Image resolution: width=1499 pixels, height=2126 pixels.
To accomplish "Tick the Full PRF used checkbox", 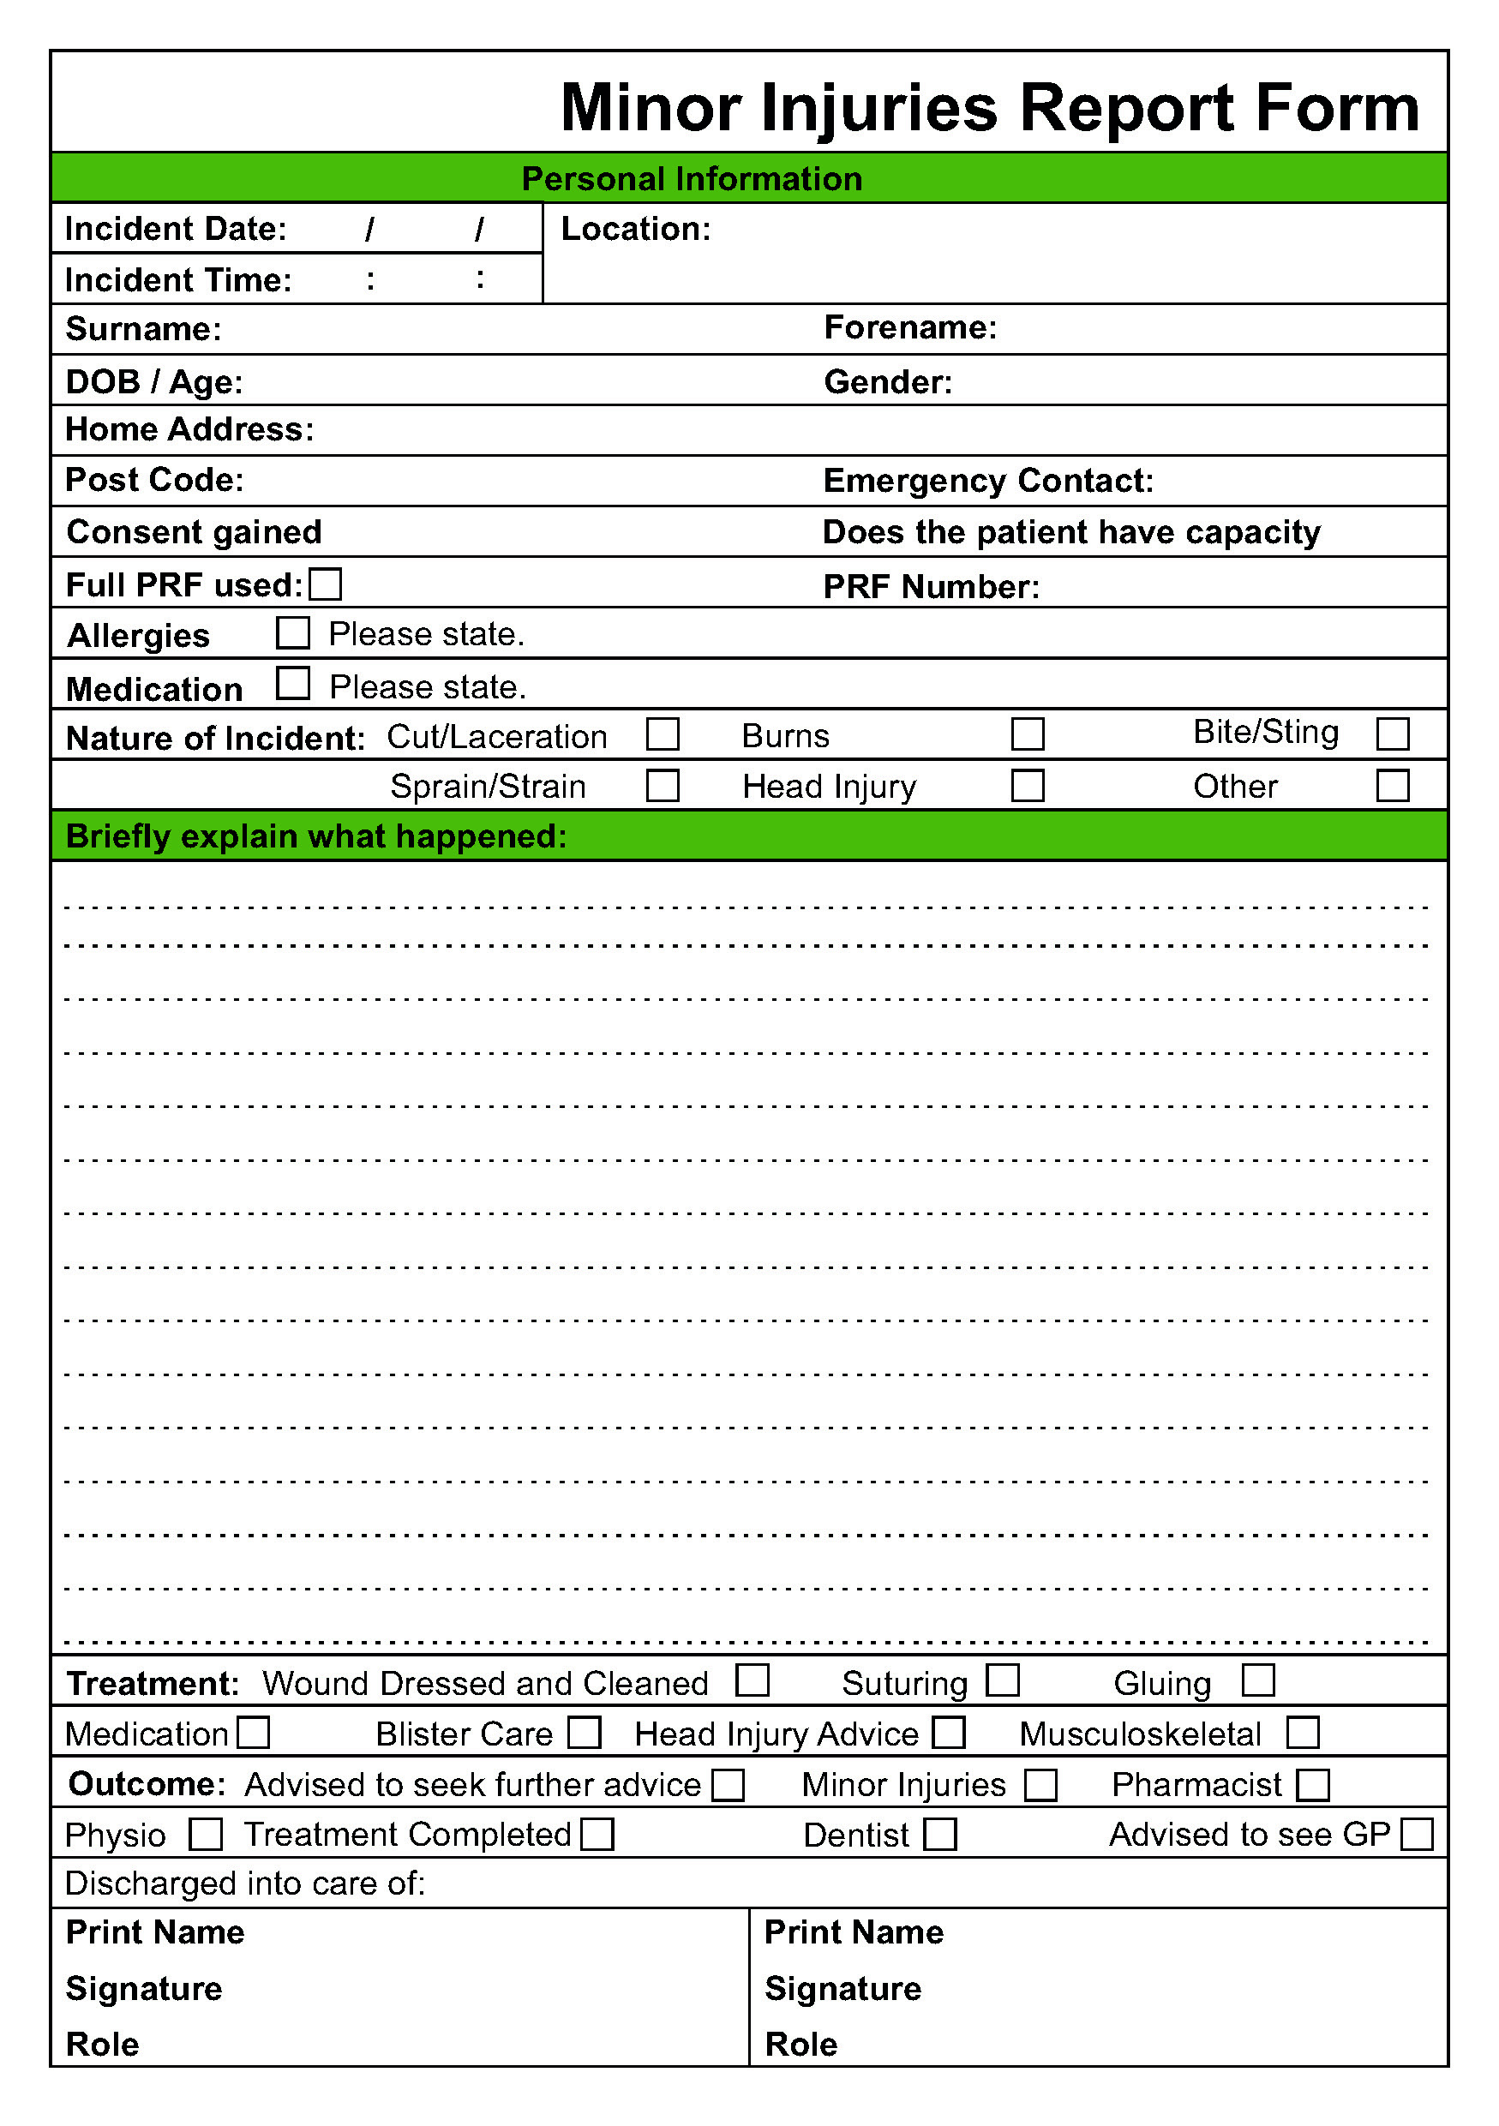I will point(325,584).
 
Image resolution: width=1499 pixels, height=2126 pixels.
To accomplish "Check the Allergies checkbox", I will point(292,633).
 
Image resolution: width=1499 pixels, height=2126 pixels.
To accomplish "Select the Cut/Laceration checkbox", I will point(662,734).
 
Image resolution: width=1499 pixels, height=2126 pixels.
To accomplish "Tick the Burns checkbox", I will point(1027,734).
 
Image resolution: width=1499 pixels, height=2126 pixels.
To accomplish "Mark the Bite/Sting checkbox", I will point(1392,734).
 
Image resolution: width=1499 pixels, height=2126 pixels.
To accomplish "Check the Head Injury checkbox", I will point(1027,785).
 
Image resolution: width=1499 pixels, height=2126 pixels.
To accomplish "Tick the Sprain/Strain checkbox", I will point(662,785).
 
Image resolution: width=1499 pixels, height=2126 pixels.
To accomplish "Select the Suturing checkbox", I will point(1002,1680).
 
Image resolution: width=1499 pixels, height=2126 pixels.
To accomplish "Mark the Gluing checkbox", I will point(1257,1680).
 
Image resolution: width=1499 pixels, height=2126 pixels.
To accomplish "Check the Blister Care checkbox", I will point(585,1733).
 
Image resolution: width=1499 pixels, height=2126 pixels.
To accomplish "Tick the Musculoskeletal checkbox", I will point(1302,1733).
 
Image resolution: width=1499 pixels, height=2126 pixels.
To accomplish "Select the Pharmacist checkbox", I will point(1312,1784).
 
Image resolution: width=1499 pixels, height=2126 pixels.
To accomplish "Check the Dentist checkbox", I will point(940,1834).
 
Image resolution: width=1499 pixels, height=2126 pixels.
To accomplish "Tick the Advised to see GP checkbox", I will point(1417,1834).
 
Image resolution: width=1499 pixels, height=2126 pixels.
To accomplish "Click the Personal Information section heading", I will point(692,179).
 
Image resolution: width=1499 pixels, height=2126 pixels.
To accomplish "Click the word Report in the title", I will point(1126,108).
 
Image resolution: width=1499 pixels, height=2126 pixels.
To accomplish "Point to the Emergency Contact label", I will point(988,481).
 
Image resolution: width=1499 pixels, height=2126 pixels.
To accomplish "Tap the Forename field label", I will point(910,328).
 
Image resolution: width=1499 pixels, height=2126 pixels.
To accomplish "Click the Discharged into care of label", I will point(244,1883).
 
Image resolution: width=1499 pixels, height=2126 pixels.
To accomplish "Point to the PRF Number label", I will point(932,586).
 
